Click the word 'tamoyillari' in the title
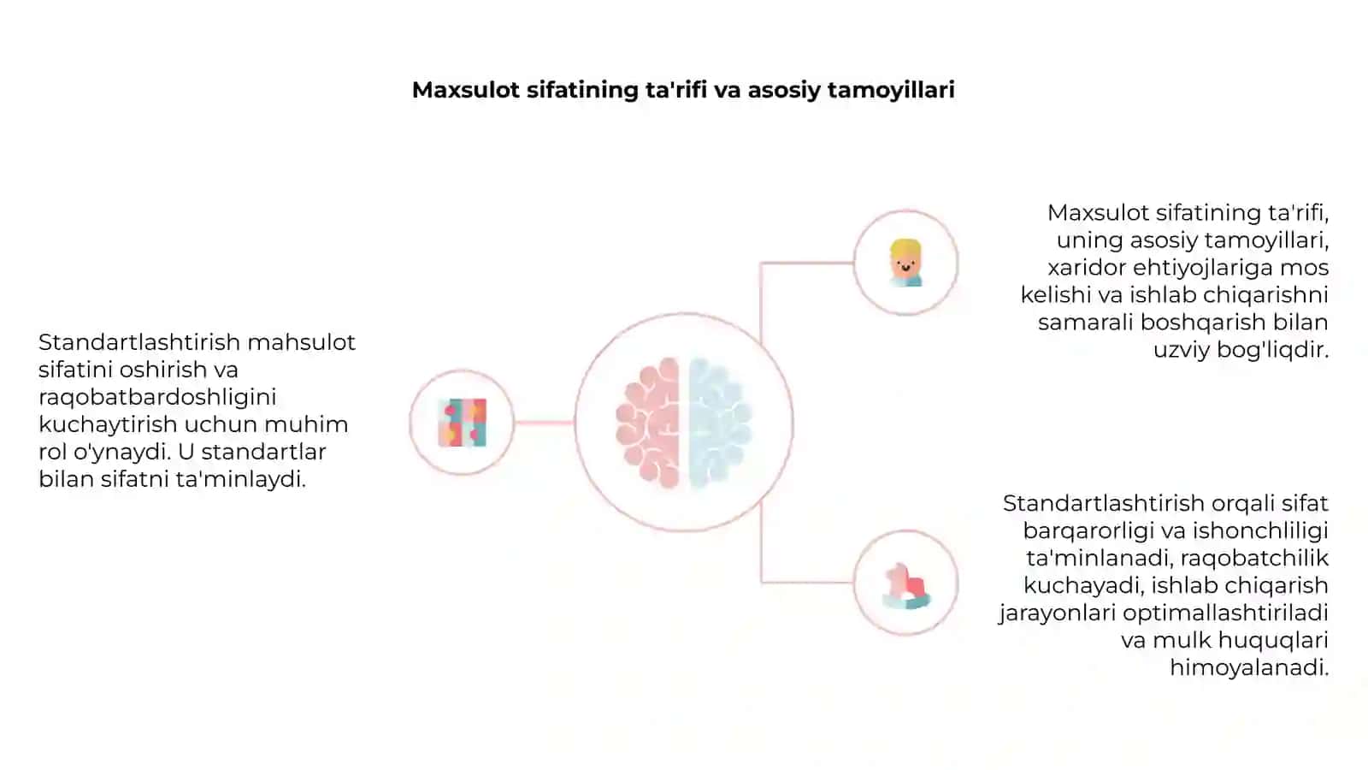coord(890,91)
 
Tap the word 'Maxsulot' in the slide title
coord(466,90)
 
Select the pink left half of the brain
coord(649,423)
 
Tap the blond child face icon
coord(905,263)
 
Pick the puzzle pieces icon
coord(463,423)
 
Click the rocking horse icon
coord(906,586)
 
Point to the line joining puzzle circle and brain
coord(544,423)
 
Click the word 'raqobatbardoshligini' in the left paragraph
coord(157,397)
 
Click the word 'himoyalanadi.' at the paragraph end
coord(1249,667)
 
